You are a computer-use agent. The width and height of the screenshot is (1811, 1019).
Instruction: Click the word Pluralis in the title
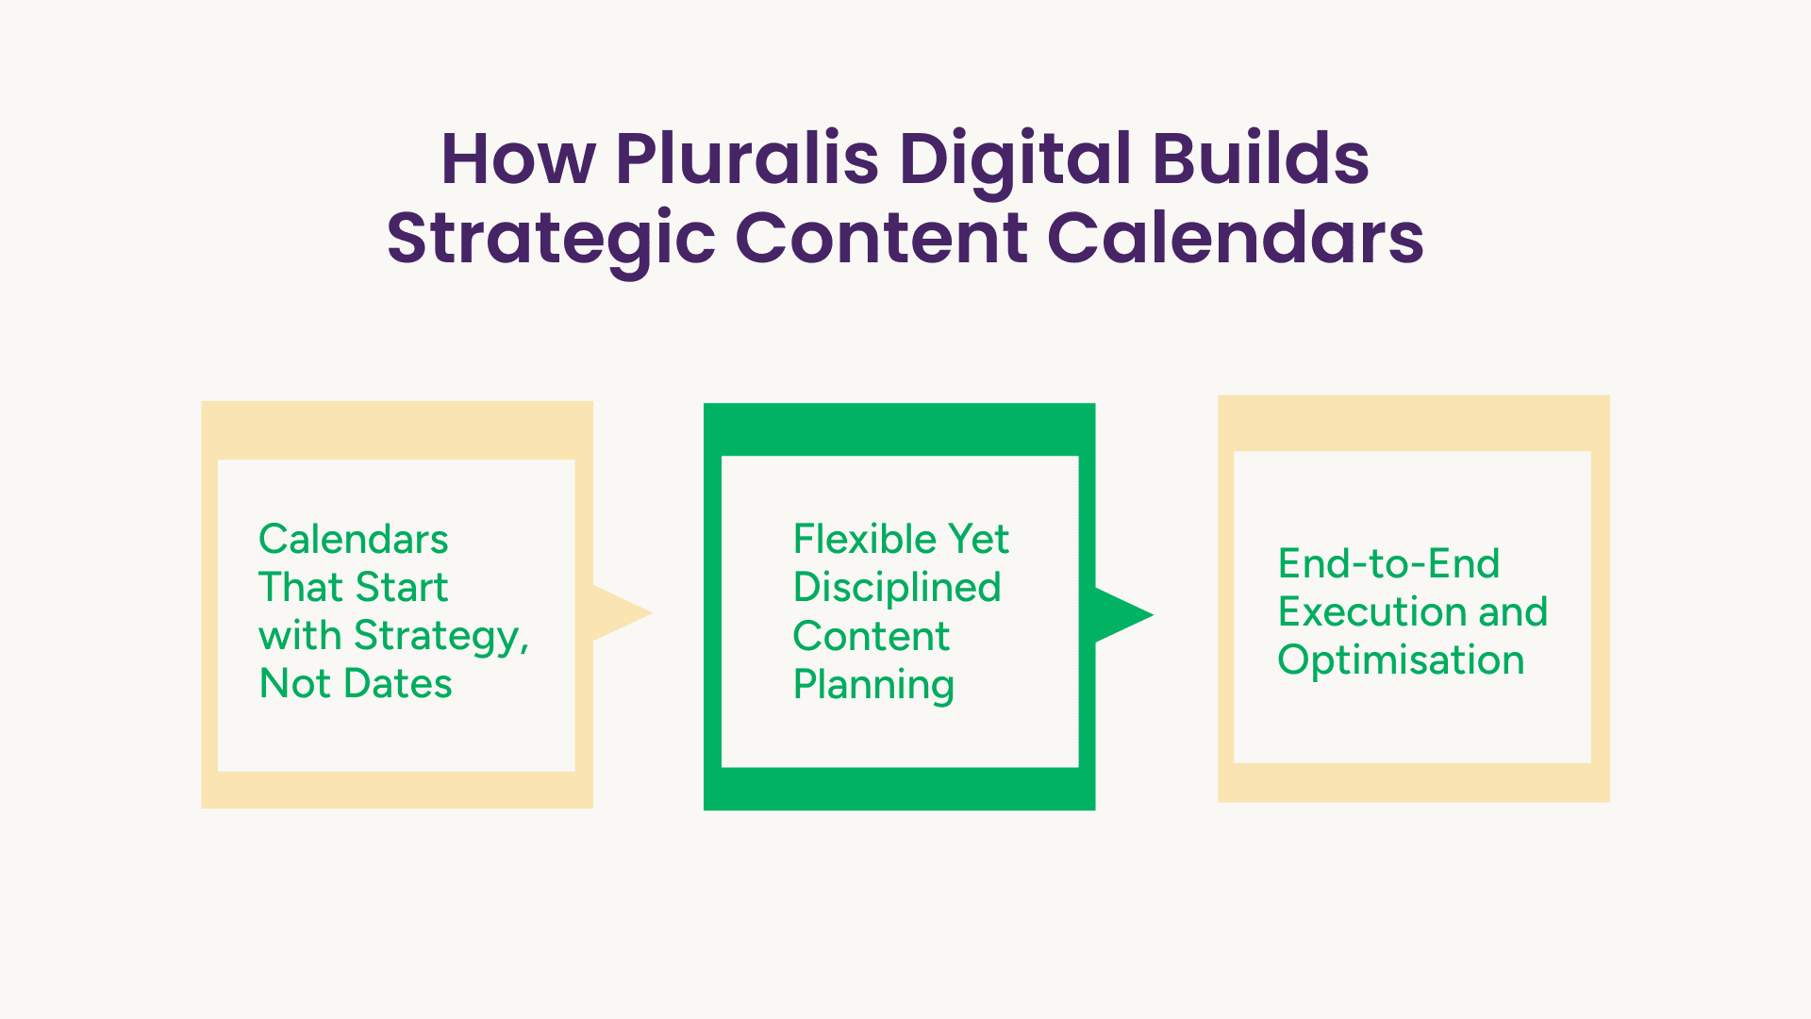click(748, 158)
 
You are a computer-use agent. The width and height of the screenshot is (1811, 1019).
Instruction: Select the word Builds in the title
click(1261, 158)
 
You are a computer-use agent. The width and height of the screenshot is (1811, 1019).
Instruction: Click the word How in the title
click(519, 159)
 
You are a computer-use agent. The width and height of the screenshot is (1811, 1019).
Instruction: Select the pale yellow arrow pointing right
click(623, 613)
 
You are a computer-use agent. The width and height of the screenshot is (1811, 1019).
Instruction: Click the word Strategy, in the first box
click(441, 637)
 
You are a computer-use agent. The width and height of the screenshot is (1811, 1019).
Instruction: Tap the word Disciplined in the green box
click(897, 588)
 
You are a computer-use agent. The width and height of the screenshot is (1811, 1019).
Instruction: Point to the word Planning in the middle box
click(873, 686)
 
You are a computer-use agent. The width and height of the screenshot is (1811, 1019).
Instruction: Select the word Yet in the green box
click(979, 540)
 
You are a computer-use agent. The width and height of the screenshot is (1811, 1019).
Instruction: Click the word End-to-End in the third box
click(1388, 564)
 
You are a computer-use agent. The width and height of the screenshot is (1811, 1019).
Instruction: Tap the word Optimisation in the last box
click(1401, 660)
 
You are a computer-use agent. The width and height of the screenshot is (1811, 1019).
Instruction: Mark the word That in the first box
click(300, 587)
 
